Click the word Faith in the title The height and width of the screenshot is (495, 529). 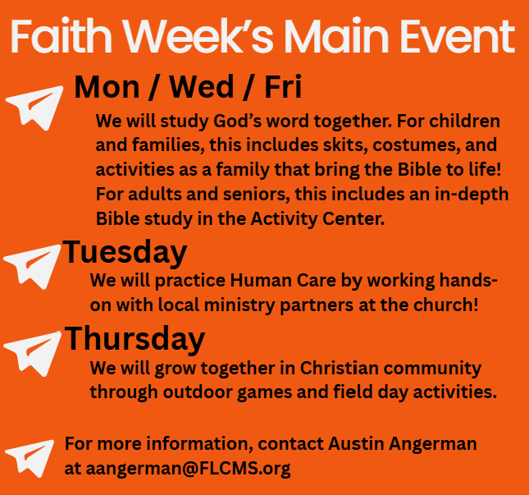[61, 36]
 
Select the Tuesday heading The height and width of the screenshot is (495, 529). [125, 253]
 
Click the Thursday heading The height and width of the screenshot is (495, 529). [135, 339]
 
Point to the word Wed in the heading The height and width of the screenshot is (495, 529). [202, 87]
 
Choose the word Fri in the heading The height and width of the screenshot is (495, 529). [283, 87]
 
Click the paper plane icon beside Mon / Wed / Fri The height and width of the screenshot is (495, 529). [34, 108]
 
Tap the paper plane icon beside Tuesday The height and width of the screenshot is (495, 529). [32, 267]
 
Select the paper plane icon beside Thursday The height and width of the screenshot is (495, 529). [32, 354]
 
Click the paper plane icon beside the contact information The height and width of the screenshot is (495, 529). [30, 459]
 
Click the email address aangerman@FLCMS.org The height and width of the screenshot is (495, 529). [188, 469]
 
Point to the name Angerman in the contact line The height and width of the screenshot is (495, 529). [433, 444]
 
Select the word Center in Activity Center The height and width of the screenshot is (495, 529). [353, 219]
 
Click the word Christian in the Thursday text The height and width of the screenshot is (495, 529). [339, 368]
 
